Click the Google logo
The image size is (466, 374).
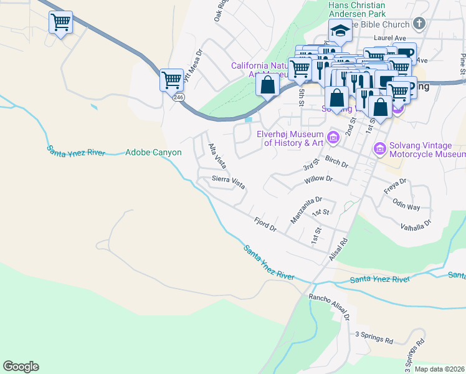pos(21,367)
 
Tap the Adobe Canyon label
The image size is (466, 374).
pos(153,152)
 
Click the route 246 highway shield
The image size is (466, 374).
pos(179,97)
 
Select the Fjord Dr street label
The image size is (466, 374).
pos(265,224)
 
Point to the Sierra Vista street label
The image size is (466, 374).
pos(229,182)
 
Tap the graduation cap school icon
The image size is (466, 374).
pos(340,30)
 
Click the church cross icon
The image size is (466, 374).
pos(419,24)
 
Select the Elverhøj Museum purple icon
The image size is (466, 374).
pos(333,137)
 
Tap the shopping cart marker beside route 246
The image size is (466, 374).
pos(171,79)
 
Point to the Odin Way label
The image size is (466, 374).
pos(406,206)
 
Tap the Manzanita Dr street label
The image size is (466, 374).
pos(306,210)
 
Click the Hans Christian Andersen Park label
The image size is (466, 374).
pos(356,9)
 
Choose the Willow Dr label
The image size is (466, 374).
pos(319,180)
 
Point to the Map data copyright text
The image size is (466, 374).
pos(439,369)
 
